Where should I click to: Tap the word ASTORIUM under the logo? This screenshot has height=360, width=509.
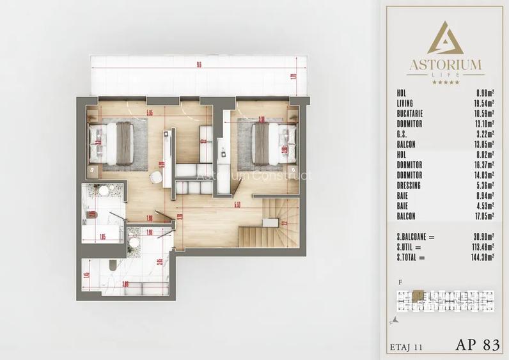(x=446, y=64)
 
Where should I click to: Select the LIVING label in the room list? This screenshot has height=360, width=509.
(x=405, y=103)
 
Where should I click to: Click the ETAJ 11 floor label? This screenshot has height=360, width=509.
(x=406, y=347)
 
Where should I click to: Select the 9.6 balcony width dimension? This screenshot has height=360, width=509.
(x=199, y=65)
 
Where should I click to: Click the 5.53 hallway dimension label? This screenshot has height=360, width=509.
(x=237, y=205)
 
